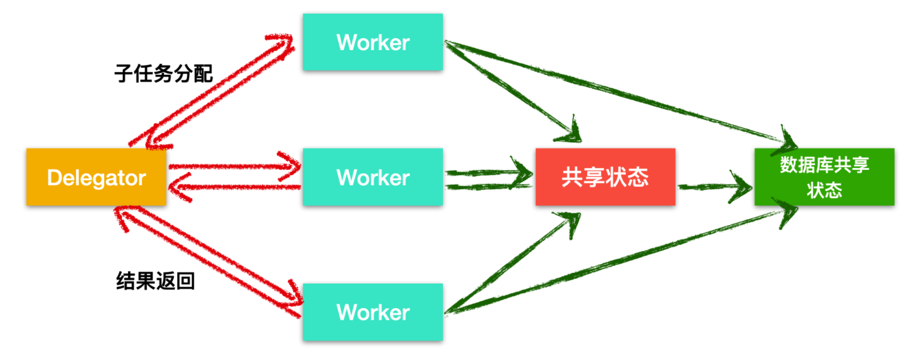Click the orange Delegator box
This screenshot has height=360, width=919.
point(96,177)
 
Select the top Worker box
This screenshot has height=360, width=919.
point(372,42)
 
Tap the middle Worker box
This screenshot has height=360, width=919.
point(372,177)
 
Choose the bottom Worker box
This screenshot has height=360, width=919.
point(372,312)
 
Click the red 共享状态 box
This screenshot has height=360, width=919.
point(605,177)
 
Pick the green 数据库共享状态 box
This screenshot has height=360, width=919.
point(824,177)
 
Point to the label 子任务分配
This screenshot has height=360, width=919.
point(163,73)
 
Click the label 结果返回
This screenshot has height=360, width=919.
point(155,280)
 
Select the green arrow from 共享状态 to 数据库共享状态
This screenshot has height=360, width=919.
point(715,186)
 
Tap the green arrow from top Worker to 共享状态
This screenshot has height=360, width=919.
point(510,91)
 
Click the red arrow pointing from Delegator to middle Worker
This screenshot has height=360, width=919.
point(233,166)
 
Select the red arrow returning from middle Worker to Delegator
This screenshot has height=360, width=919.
point(233,187)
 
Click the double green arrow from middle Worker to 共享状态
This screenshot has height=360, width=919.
point(487,178)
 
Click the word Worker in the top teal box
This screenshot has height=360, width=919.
point(372,42)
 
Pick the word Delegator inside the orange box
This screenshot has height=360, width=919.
point(96,178)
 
